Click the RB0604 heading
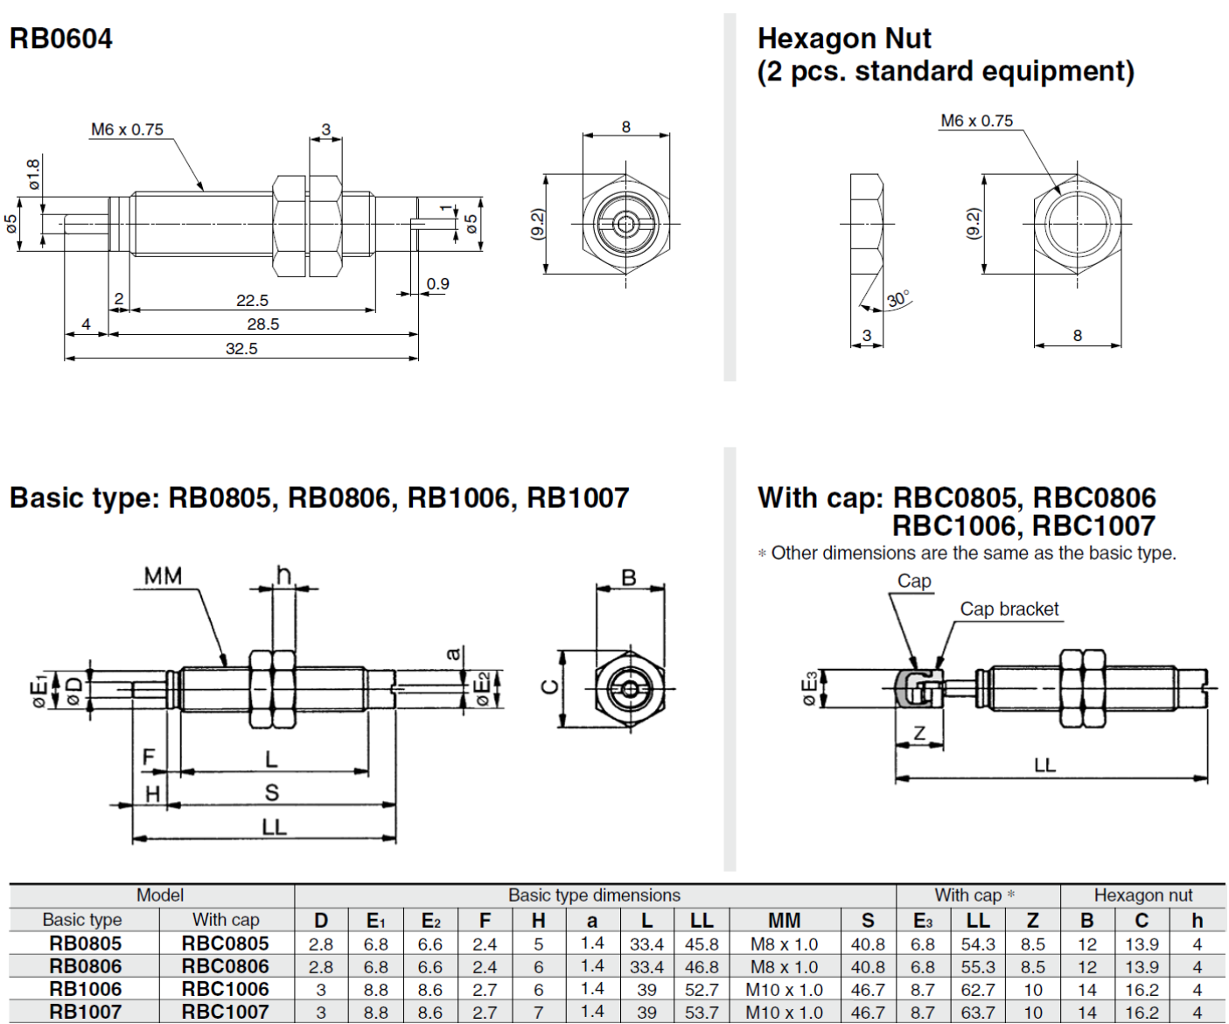pyautogui.click(x=60, y=38)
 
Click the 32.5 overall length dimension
pyautogui.click(x=241, y=349)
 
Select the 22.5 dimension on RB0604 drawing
pyautogui.click(x=252, y=301)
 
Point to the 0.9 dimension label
pyautogui.click(x=437, y=284)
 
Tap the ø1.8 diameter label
pyautogui.click(x=33, y=174)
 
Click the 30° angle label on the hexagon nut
pyautogui.click(x=898, y=298)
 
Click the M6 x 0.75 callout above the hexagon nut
pyautogui.click(x=976, y=121)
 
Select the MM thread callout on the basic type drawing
pyautogui.click(x=163, y=575)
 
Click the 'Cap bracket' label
pyautogui.click(x=1009, y=609)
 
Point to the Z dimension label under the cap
pyautogui.click(x=919, y=733)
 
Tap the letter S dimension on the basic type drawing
pyautogui.click(x=271, y=792)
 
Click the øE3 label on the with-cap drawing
pyautogui.click(x=810, y=687)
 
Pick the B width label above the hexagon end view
pyautogui.click(x=628, y=577)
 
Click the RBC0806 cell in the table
pyautogui.click(x=225, y=966)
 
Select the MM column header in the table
pyautogui.click(x=784, y=920)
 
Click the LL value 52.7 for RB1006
pyautogui.click(x=702, y=989)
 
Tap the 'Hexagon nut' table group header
pyautogui.click(x=1142, y=895)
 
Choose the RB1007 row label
pyautogui.click(x=85, y=1012)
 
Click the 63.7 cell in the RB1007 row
pyautogui.click(x=977, y=1012)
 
